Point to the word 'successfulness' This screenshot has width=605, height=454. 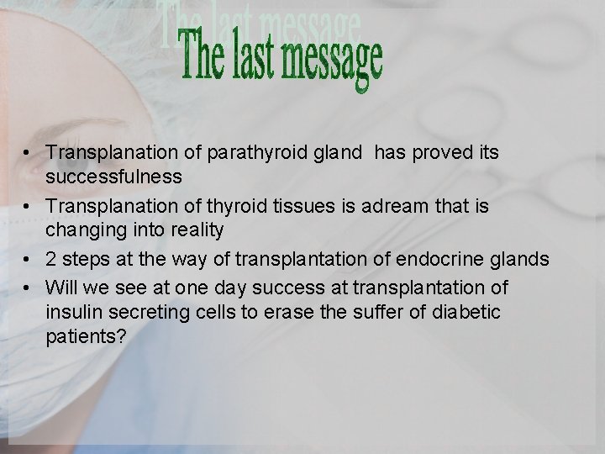(x=113, y=177)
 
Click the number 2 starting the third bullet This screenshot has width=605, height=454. (x=51, y=259)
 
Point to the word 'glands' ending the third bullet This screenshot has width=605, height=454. (x=527, y=259)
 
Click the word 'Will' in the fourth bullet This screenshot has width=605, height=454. (x=60, y=288)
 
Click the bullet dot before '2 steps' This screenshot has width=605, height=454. (x=28, y=260)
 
